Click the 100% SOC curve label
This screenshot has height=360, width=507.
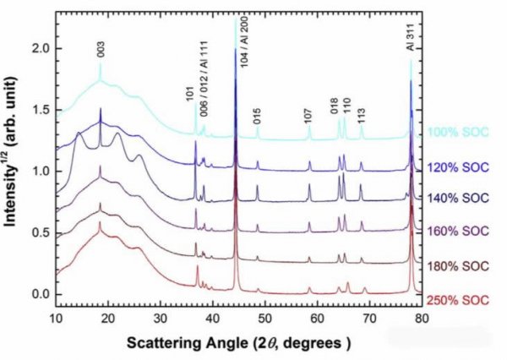pyautogui.click(x=458, y=132)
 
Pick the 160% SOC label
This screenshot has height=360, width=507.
pyautogui.click(x=458, y=230)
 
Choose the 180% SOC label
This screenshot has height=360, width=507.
pyautogui.click(x=458, y=265)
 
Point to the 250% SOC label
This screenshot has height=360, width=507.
pyautogui.click(x=458, y=300)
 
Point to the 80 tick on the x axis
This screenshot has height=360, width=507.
pyautogui.click(x=422, y=319)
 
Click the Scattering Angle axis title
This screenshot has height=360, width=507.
pyautogui.click(x=240, y=344)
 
